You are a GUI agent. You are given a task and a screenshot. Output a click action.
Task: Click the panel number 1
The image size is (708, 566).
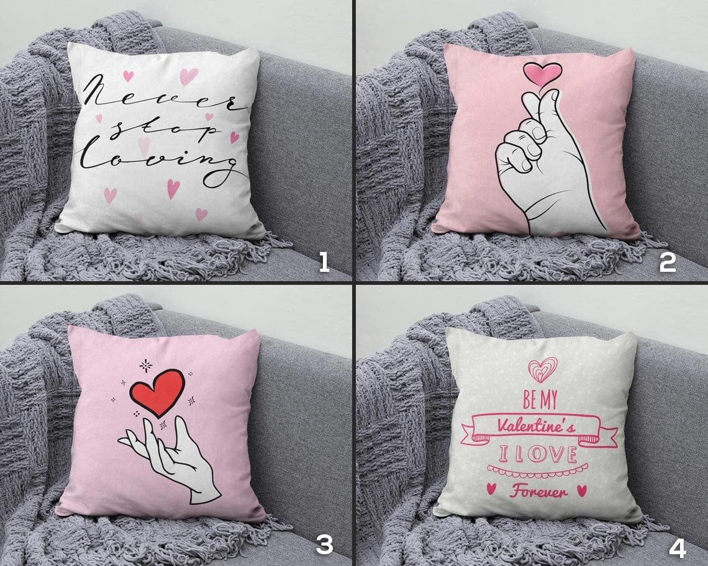[x=324, y=263]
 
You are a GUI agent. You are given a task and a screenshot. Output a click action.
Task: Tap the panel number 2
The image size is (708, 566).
[x=668, y=263]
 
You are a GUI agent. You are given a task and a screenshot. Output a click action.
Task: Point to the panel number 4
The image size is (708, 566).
[x=678, y=547]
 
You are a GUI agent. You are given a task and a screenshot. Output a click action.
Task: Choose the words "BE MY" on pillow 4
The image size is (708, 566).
[x=540, y=400]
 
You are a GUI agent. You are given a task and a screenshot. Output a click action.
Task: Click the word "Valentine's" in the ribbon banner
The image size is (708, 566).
[x=536, y=426]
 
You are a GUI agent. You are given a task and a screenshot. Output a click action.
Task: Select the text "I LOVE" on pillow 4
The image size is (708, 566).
[x=538, y=454]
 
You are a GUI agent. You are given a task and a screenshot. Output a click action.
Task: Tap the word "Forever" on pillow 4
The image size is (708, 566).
[x=538, y=491]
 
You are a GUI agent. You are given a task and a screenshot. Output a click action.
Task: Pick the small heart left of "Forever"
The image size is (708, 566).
[x=491, y=488]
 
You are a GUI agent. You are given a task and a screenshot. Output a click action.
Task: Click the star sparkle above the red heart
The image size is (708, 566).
[x=145, y=366]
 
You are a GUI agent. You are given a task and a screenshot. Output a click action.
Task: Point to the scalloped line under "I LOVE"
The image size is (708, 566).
[x=537, y=470]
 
